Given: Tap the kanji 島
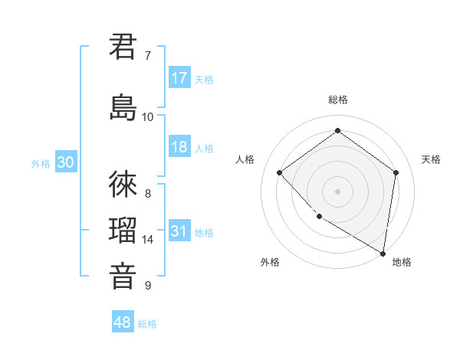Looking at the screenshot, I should pos(123,108).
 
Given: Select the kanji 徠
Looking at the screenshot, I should pos(123,185).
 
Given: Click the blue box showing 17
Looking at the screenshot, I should pos(179,78).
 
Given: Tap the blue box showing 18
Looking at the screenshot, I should pos(179,147).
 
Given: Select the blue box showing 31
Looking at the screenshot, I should pos(179,231).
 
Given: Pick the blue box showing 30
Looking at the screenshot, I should pos(66,162).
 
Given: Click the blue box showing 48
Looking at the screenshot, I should pos(123,322).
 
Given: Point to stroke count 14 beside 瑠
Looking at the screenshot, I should pos(148,240).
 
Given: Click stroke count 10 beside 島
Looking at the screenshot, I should pos(148,116).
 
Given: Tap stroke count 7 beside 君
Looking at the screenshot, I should pos(148,55).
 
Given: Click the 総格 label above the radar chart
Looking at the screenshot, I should pos(338,100).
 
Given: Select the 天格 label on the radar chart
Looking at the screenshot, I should pos(432,159).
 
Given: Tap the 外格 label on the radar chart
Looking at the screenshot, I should pos(270,262).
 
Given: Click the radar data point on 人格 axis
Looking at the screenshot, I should pos(280,173).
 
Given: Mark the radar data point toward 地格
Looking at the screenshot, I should pos(383,252).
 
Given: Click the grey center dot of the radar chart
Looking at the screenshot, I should pos(337,191).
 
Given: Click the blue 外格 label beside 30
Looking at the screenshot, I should pos(41,163).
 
